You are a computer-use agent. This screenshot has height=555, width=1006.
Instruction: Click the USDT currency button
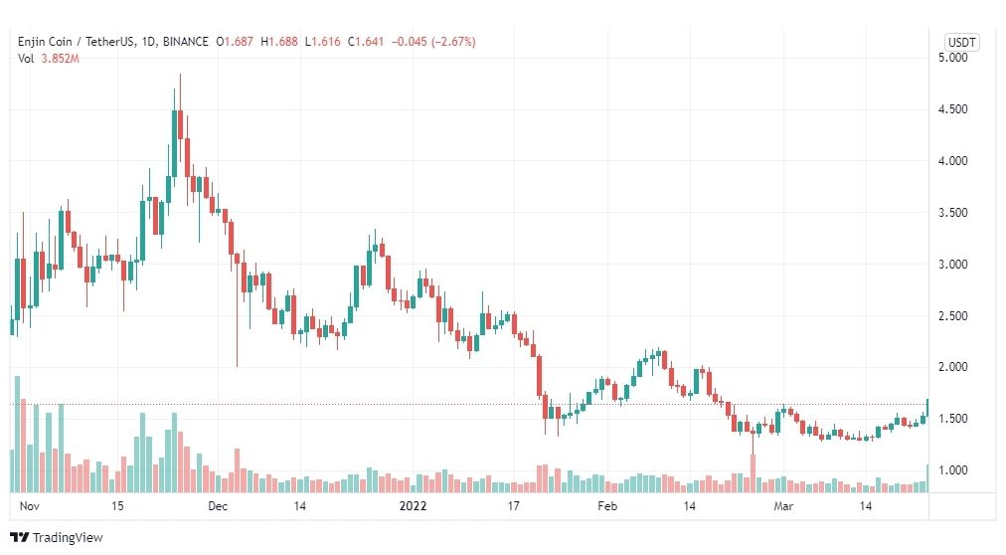961,43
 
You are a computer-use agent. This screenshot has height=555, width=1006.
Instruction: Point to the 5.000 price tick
952,58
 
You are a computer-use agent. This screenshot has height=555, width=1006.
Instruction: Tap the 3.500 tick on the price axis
952,213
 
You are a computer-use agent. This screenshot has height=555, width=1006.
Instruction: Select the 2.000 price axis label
952,367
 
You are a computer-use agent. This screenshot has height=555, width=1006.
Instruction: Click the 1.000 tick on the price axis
952,470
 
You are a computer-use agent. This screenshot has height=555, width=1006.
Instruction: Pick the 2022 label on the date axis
413,506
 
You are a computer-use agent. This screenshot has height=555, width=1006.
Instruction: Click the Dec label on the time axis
218,506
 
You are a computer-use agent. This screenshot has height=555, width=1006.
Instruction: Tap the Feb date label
607,506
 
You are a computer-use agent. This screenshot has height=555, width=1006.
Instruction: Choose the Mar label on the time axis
783,506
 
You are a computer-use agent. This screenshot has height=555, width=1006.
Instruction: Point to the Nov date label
30,506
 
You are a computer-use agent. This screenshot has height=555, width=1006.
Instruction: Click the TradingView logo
57,538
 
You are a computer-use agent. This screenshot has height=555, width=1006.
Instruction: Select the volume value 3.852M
61,59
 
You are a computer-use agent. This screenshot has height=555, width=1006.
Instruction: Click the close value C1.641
366,42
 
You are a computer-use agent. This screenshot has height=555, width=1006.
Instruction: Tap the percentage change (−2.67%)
453,42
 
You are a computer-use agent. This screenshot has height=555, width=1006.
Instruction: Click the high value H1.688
279,42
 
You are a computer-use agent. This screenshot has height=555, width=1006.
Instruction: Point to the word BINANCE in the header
186,42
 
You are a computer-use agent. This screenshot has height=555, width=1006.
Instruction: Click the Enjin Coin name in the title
45,42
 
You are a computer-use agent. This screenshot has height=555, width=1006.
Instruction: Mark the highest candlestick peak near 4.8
180,75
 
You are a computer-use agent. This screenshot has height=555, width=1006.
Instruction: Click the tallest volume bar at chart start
17,435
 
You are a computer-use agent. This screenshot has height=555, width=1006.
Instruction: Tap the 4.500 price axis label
952,109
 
